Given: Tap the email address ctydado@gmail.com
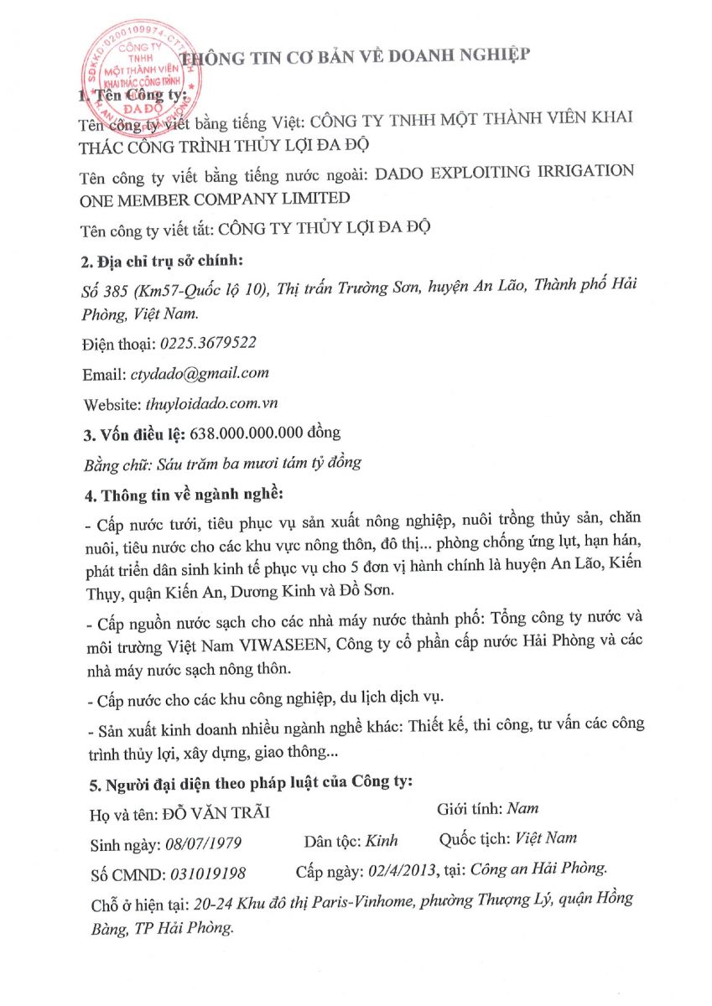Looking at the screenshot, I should point(199,373).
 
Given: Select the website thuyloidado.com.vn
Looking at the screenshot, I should point(211,403).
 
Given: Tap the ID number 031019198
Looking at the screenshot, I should point(207,874).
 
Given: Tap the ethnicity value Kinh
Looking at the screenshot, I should point(382,840).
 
